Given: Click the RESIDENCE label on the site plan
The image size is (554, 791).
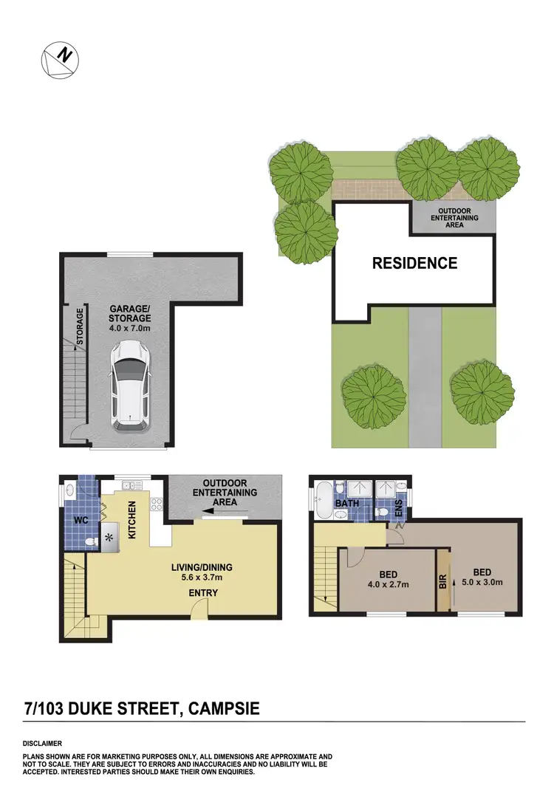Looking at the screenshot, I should (414, 263).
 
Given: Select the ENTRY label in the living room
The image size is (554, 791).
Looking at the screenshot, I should (202, 593).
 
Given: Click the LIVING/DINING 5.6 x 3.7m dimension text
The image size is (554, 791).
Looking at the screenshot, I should (202, 572).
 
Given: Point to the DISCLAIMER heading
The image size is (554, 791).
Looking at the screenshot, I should (42, 743).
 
